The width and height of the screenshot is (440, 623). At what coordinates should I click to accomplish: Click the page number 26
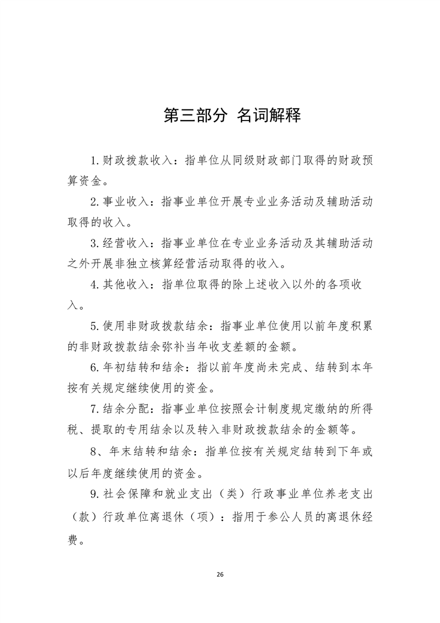(x=220, y=574)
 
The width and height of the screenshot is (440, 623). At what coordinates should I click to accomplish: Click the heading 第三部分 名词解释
(x=232, y=115)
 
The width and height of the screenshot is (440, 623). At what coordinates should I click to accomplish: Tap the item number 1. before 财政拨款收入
(x=95, y=160)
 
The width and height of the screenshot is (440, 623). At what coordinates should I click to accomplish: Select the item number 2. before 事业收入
(x=95, y=202)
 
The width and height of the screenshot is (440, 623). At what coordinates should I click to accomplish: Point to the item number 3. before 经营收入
(x=95, y=243)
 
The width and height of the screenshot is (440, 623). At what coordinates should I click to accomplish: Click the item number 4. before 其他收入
(x=95, y=284)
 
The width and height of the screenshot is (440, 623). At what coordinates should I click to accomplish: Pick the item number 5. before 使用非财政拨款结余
(x=95, y=326)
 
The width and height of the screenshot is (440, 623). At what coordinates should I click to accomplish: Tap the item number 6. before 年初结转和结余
(x=95, y=367)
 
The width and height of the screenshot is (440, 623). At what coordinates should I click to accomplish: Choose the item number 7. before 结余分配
(x=95, y=408)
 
